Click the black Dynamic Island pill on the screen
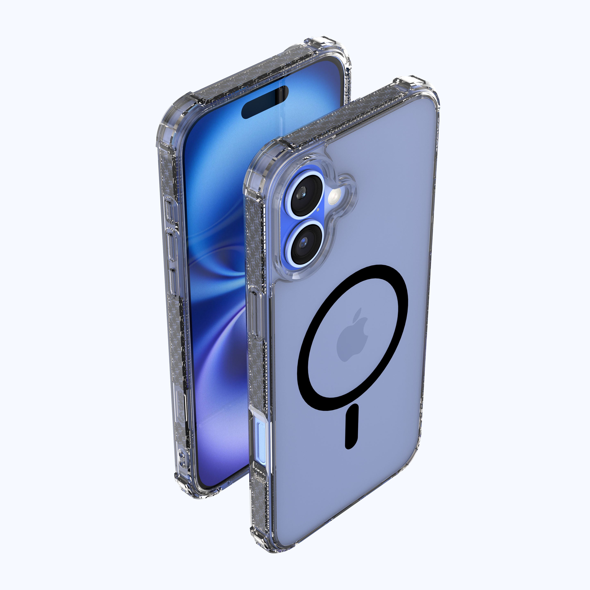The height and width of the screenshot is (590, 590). point(265,102)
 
